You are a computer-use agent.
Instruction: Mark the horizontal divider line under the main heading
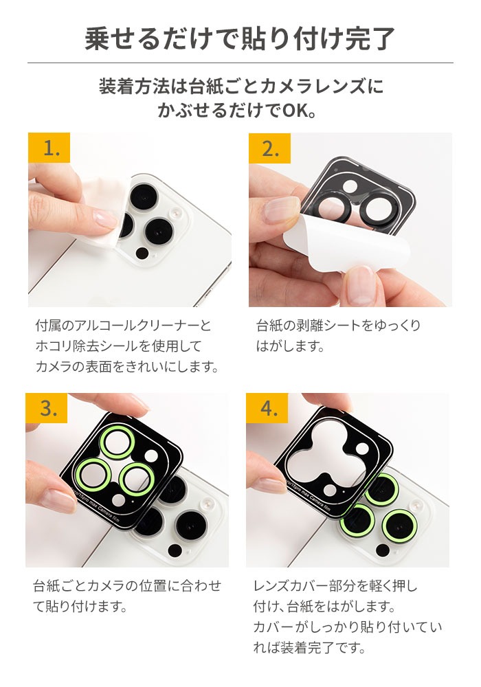[x=240, y=63]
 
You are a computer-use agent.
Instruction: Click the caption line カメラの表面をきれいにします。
[x=127, y=367]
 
